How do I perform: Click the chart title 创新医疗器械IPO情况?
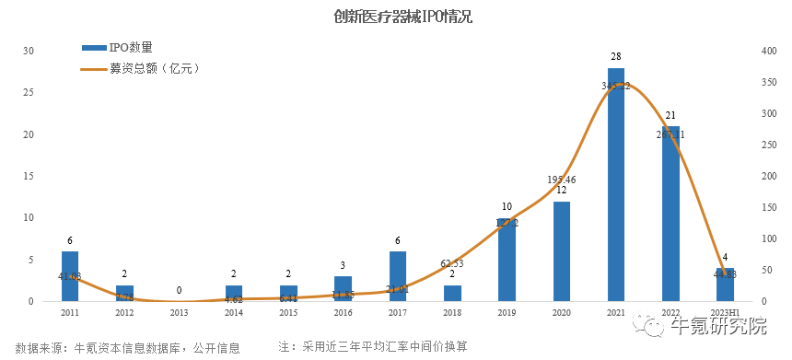396,17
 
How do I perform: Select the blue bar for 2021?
616,184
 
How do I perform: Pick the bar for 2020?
561,250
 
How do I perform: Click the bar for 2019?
507,260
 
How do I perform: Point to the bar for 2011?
70,276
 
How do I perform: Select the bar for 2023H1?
725,285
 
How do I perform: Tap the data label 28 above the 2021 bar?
616,57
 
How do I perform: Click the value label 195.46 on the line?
561,179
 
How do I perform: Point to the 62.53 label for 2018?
452,262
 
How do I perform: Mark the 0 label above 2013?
179,290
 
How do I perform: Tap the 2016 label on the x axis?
343,313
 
